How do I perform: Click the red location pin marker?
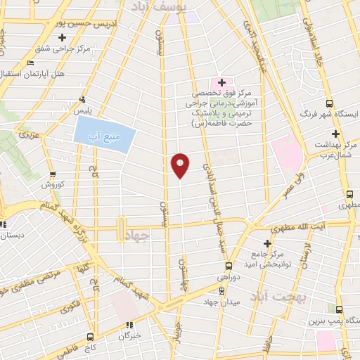pos(180,165)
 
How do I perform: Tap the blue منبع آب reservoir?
pos(103,134)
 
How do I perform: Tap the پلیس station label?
pos(84,111)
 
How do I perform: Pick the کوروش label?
pos(52,184)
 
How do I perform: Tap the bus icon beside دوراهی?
pos(229,266)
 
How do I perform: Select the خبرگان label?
pos(129,335)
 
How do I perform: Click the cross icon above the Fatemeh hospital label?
pos(221,82)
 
